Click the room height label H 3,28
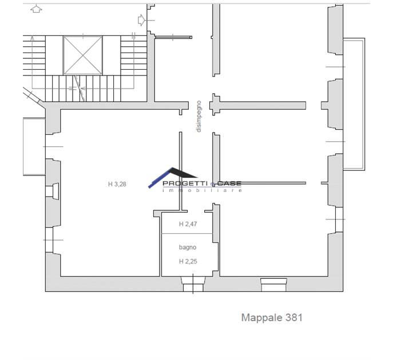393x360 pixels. (117, 184)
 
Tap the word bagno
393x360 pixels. (188, 247)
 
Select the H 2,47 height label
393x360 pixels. (188, 224)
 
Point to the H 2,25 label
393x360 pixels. (188, 261)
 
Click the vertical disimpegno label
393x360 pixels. (199, 117)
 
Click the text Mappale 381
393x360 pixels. (272, 318)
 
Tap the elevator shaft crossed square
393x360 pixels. (83, 55)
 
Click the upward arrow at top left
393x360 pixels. (36, 9)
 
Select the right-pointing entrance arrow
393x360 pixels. (142, 20)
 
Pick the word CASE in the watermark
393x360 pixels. (229, 183)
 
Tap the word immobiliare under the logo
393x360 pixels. (203, 190)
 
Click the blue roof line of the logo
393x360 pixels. (160, 178)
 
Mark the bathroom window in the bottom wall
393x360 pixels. (193, 284)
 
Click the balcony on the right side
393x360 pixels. (354, 104)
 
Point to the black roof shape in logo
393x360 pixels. (184, 173)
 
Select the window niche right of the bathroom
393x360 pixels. (273, 285)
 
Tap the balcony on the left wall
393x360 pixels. (34, 147)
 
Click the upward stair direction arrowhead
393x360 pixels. (33, 38)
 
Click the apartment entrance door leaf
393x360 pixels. (173, 37)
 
